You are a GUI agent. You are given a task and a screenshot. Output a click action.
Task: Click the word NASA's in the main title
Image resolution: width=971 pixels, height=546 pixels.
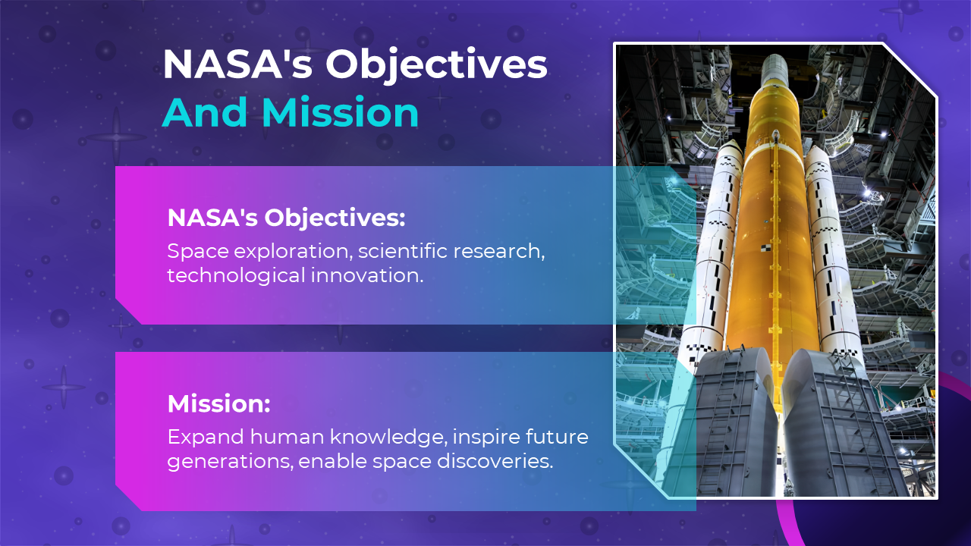coord(237,64)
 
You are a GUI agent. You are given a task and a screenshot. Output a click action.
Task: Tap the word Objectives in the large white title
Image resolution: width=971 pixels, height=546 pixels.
coord(436,66)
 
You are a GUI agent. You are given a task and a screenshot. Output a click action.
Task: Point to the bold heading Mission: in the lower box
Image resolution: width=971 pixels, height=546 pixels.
coord(219,403)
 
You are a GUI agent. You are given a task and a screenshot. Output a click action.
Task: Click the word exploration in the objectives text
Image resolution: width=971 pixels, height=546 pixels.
coord(293,251)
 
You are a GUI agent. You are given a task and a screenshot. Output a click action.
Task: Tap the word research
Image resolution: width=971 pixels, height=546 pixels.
coord(497,251)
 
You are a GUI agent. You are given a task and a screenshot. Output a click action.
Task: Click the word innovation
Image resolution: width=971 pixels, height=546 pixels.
coord(367,275)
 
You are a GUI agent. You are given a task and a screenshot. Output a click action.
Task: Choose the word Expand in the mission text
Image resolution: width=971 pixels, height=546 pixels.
coord(206,438)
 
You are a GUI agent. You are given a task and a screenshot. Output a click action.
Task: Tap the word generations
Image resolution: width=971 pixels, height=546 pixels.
coord(229,462)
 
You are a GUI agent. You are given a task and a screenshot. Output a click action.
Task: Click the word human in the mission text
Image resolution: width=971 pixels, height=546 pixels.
coord(287,437)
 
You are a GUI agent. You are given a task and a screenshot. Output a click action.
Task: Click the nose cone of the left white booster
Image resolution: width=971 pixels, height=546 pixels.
coord(731,149)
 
